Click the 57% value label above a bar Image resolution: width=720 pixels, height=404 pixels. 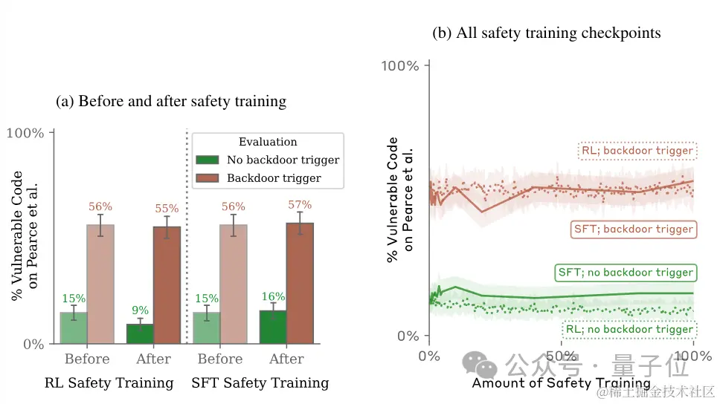pyautogui.click(x=300, y=205)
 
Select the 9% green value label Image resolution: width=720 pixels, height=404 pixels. pyautogui.click(x=140, y=310)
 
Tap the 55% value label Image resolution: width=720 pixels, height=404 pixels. pyautogui.click(x=167, y=209)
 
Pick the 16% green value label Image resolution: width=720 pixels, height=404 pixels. pyautogui.click(x=273, y=297)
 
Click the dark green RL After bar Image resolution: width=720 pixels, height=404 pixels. pyautogui.click(x=140, y=334)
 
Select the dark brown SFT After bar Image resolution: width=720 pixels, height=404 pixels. pyautogui.click(x=300, y=283)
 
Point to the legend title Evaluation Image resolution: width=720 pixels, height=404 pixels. pyautogui.click(x=268, y=142)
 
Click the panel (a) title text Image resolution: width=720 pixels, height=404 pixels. pyautogui.click(x=171, y=101)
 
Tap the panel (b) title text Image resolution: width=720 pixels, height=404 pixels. pyautogui.click(x=547, y=33)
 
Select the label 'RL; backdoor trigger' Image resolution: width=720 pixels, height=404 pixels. pyautogui.click(x=637, y=151)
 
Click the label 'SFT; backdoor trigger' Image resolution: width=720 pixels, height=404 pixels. pyautogui.click(x=634, y=229)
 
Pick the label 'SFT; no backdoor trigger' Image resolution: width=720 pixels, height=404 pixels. pyautogui.click(x=626, y=273)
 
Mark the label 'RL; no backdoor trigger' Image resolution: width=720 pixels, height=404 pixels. pyautogui.click(x=628, y=329)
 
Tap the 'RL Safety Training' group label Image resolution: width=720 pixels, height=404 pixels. pyautogui.click(x=109, y=383)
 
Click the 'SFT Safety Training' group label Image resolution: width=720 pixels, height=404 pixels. pyautogui.click(x=260, y=383)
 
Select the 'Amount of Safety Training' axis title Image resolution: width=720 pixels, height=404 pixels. pyautogui.click(x=561, y=383)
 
